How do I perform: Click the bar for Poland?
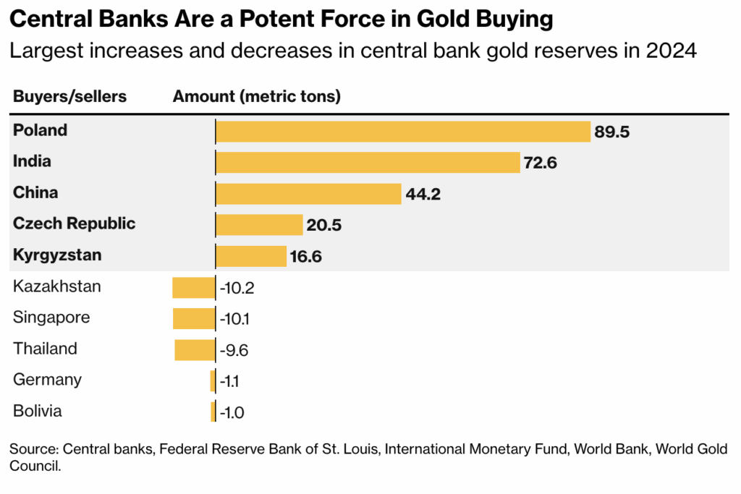403,132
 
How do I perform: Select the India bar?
368,163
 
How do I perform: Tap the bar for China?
308,194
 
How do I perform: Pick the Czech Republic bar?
259,225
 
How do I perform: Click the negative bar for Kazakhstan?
193,288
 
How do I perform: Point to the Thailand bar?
195,350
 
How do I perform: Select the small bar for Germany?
213,381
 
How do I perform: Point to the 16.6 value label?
306,257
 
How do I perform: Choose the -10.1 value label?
236,319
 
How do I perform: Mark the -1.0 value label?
232,413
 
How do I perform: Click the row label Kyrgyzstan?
57,255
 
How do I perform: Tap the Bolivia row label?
38,412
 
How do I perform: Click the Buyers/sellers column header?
69,97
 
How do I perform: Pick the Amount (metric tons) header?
257,97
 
